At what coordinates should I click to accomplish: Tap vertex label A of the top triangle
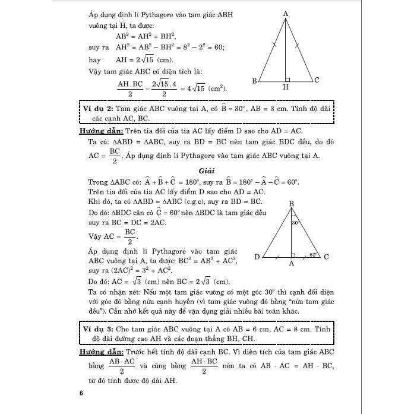point(286,13)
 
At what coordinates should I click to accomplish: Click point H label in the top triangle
point(286,88)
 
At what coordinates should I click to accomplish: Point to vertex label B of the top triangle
point(254,81)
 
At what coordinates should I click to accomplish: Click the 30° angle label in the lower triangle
point(295,223)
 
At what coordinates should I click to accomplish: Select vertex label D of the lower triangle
point(257,257)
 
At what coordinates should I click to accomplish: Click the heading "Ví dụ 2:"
point(97,110)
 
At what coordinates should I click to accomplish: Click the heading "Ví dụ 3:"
point(97,328)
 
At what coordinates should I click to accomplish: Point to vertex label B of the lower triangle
point(292,204)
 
